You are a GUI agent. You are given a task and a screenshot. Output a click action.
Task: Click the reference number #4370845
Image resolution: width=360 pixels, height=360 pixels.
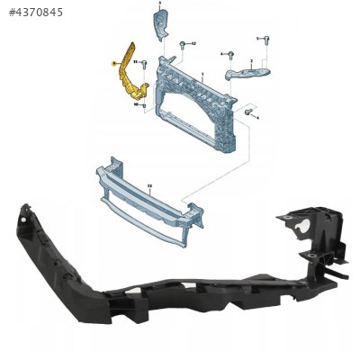tap(35, 12)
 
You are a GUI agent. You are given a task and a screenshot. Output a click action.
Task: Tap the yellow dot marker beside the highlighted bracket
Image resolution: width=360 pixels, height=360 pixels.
tap(112, 64)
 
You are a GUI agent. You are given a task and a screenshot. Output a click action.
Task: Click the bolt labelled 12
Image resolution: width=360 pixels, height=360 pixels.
tap(183, 44)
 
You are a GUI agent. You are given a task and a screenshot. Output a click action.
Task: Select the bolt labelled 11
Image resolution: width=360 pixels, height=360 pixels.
tap(144, 63)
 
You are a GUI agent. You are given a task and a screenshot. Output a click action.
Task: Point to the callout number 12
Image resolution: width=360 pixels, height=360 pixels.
tap(194, 43)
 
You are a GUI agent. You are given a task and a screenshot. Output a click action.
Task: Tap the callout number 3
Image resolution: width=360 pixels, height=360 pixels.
tap(159, 4)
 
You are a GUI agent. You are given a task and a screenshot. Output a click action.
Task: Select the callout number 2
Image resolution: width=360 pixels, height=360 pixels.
tap(251, 58)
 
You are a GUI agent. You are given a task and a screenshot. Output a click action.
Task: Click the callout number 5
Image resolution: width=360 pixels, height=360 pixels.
tap(257, 39)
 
